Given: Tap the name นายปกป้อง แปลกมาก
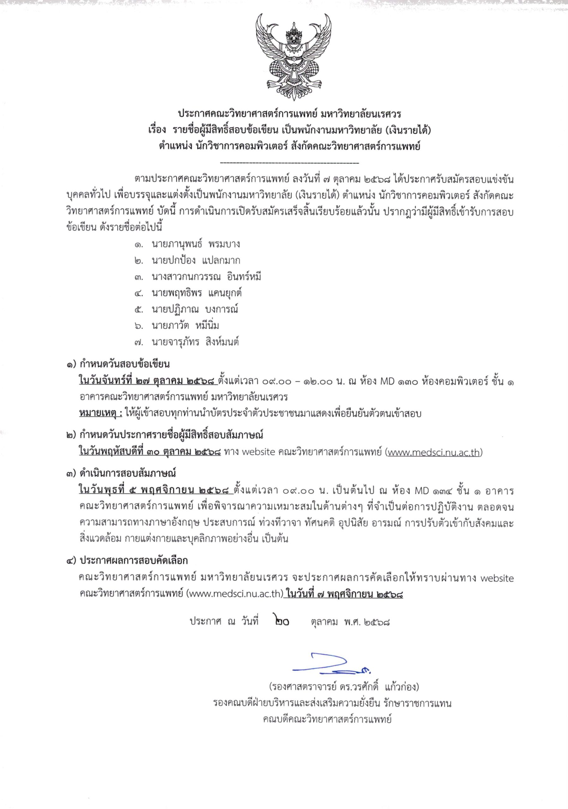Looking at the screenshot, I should click(196, 260).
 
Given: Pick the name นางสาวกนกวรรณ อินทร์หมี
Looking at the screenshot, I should click(206, 277).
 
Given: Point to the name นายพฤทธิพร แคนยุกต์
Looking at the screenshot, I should click(196, 293).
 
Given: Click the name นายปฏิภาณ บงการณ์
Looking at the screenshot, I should click(195, 309).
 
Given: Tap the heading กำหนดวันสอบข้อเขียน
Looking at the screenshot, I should click(125, 364).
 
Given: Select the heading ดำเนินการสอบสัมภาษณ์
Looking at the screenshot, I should click(128, 473).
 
